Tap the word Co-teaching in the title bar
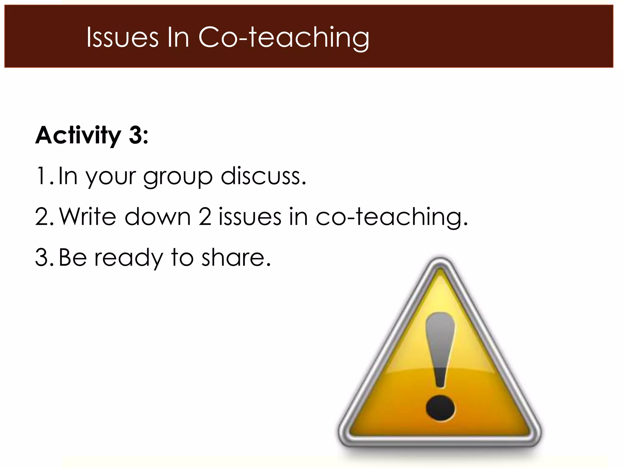coord(284,38)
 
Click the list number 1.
coord(41,176)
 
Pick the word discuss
coord(263,176)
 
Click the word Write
coord(88,217)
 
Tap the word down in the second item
coord(158,217)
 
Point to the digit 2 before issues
coord(205,217)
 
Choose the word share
coord(236,257)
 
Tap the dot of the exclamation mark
coord(440,409)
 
